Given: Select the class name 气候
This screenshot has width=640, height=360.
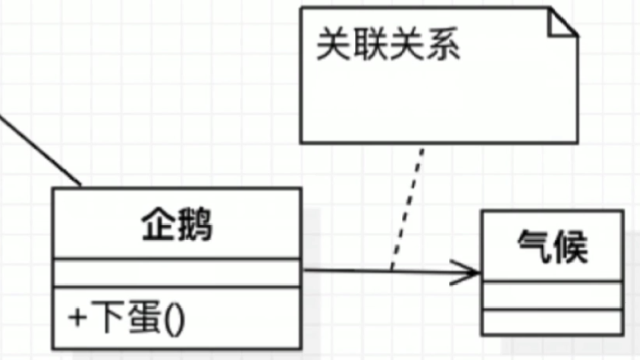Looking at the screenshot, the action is tap(552, 248).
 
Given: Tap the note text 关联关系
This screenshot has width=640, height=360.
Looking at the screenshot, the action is tap(388, 46).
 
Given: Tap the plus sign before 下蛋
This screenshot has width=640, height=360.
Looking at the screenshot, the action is tap(76, 318).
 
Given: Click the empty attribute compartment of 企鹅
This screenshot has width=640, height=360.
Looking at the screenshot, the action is tap(176, 272).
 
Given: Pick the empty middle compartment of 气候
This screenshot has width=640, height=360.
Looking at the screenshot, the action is tap(552, 295).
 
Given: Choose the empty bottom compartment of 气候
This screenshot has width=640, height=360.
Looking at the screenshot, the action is tap(552, 322).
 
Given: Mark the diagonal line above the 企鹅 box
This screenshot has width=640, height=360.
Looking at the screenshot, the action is tap(39, 149).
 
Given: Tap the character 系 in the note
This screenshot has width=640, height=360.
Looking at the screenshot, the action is tap(443, 46).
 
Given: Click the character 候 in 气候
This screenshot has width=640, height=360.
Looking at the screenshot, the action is tap(571, 248).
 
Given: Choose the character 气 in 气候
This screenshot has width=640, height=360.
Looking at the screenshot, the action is tap(534, 248).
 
